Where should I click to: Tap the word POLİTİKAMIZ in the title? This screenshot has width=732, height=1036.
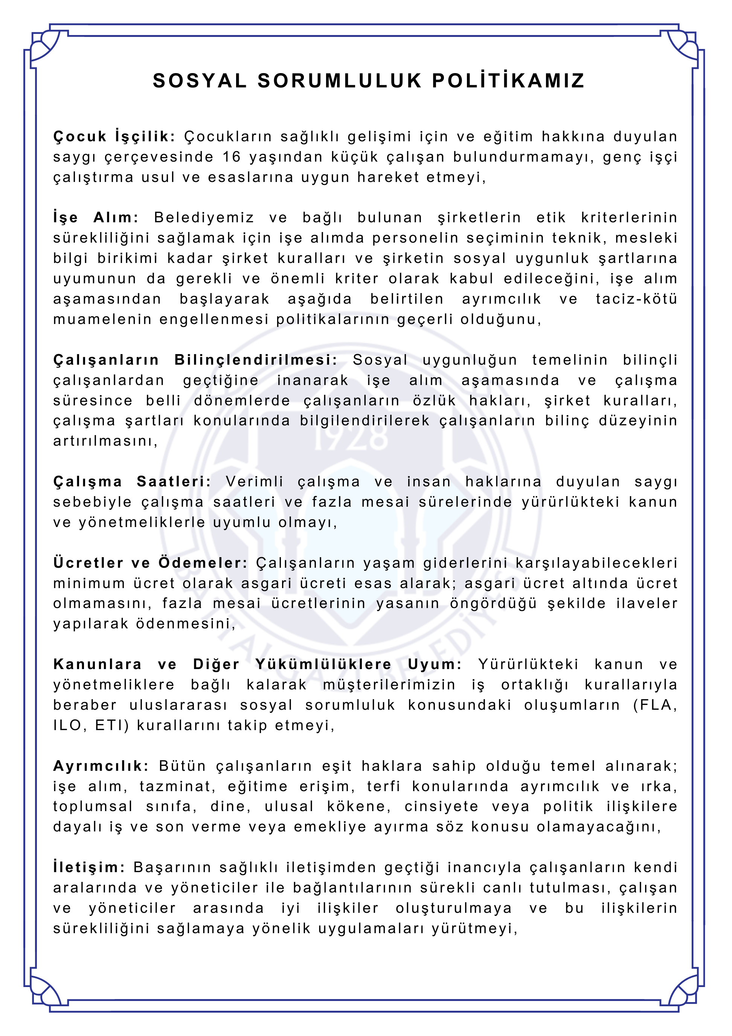[x=508, y=81]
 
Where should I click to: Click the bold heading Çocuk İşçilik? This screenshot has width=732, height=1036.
[x=114, y=136]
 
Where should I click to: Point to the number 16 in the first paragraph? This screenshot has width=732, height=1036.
[x=231, y=157]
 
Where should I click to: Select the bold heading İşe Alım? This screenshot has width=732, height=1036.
[x=96, y=217]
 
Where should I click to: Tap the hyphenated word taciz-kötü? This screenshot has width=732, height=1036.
[x=636, y=299]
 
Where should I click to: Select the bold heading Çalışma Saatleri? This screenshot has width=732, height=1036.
[x=132, y=481]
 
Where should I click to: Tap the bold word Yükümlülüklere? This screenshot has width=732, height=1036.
[x=323, y=664]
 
